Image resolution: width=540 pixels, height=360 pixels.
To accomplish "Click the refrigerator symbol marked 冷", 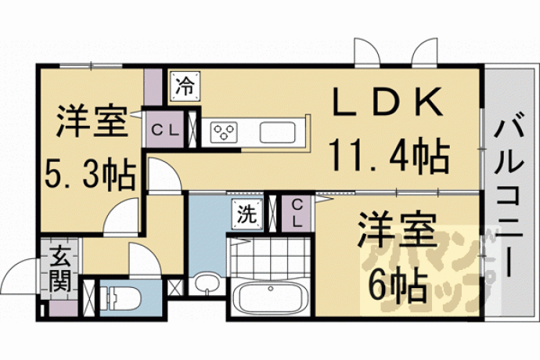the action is pyautogui.click(x=185, y=86).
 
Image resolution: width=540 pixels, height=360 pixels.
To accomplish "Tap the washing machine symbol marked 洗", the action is pyautogui.click(x=247, y=214).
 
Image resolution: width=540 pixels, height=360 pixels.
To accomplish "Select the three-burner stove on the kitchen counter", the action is pyautogui.click(x=224, y=132).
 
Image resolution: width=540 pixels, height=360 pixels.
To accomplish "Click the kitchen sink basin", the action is pyautogui.click(x=277, y=132).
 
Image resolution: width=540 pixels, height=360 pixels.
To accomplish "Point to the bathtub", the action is pyautogui.click(x=270, y=297).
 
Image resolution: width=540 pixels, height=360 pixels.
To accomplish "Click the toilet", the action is pyautogui.click(x=122, y=298).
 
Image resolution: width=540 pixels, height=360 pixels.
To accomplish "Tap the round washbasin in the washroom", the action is pyautogui.click(x=207, y=284).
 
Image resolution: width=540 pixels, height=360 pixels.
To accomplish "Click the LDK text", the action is pyautogui.click(x=387, y=101).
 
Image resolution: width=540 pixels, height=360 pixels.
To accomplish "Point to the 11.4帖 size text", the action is pyautogui.click(x=390, y=155).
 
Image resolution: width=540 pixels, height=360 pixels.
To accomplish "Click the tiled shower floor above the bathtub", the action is pyautogui.click(x=270, y=256).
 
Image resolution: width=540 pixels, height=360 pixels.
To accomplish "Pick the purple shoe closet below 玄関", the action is pyautogui.click(x=63, y=308).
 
